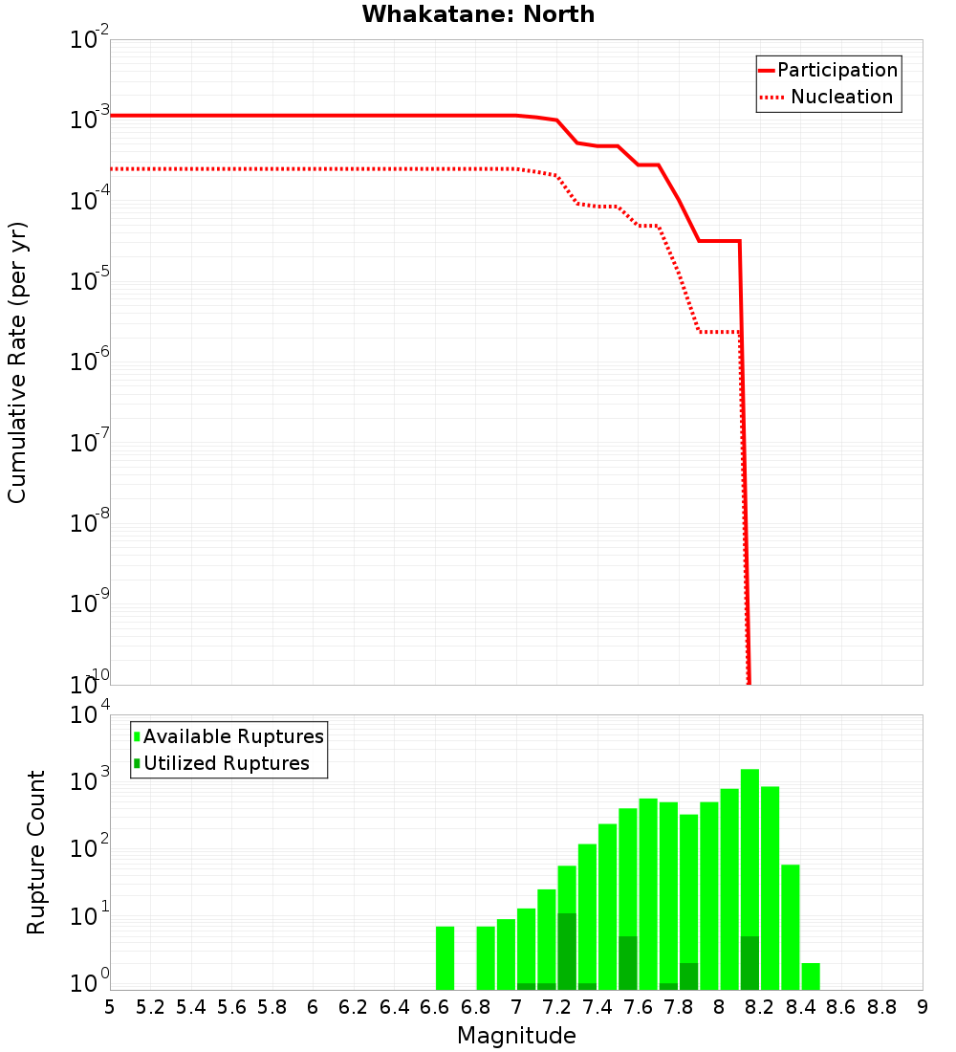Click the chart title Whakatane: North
pyautogui.click(x=478, y=14)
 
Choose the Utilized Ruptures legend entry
pyautogui.click(x=222, y=763)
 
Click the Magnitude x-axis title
pyautogui.click(x=516, y=1036)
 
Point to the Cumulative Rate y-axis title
pyautogui.click(x=17, y=362)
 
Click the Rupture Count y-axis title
pyautogui.click(x=36, y=852)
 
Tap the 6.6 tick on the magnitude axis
pyautogui.click(x=435, y=1007)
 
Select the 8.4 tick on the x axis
pyautogui.click(x=801, y=1007)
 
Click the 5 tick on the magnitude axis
pyautogui.click(x=110, y=1007)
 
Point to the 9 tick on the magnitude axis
pyautogui.click(x=923, y=1007)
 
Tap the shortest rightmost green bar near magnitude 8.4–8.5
pyautogui.click(x=811, y=976)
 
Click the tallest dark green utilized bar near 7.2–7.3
pyautogui.click(x=567, y=952)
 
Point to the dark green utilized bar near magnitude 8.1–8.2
pyautogui.click(x=750, y=963)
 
